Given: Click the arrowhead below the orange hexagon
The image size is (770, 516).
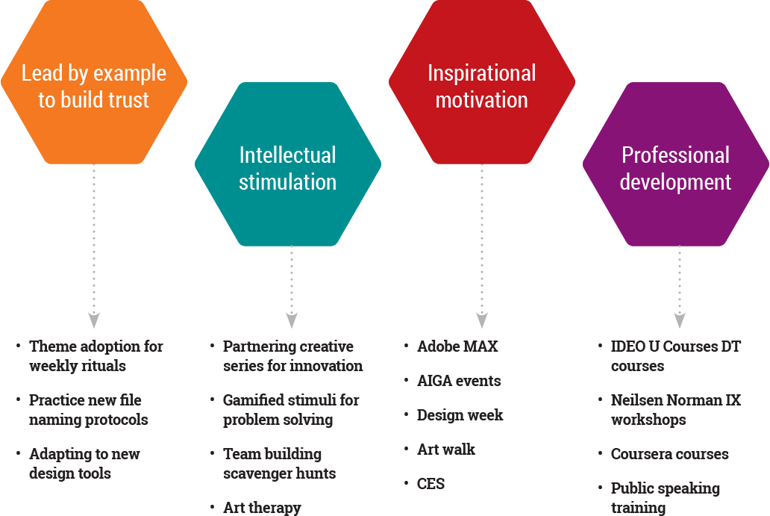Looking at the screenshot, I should coord(94,320).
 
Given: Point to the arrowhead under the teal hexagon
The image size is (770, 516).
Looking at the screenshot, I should coord(292,320).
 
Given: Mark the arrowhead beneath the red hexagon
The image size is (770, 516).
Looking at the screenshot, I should coord(482,320).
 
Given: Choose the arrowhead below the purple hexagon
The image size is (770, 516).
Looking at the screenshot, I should coord(680,320).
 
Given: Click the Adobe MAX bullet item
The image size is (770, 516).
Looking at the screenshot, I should coord(457,346).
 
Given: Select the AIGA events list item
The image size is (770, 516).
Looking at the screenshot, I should coord(459,381).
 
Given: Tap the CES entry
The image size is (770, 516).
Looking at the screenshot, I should coord(431,484).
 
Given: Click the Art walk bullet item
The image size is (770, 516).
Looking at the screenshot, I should coord(446,450).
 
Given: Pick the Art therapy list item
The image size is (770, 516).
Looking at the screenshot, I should coord(262,508).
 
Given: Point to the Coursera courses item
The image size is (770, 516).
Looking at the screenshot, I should coord(670,454).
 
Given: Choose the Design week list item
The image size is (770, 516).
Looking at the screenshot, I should coord(460,415).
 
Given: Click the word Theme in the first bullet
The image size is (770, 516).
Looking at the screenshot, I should coord(51,346).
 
